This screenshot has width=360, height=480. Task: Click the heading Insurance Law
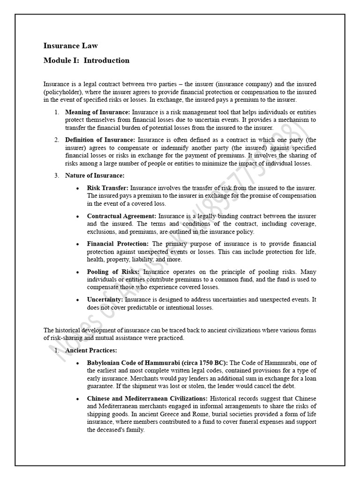(x=70, y=45)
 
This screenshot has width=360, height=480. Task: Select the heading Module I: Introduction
(x=86, y=60)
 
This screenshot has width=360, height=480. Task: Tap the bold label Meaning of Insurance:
(x=97, y=112)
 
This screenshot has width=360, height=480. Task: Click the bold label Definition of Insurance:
(x=100, y=140)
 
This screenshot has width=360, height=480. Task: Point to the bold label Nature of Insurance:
(x=95, y=175)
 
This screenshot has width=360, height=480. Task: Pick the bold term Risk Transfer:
(x=107, y=188)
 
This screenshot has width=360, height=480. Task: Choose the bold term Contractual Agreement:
(x=121, y=216)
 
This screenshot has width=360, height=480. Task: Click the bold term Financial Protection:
(x=118, y=244)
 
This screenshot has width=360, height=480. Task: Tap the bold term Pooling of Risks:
(x=113, y=272)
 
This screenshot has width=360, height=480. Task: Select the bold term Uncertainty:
(x=105, y=300)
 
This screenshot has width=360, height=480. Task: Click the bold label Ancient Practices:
(x=91, y=350)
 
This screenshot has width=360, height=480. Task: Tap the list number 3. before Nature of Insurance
(x=56, y=175)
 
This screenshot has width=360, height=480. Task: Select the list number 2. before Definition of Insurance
(x=56, y=140)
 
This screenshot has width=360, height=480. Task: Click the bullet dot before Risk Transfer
(x=77, y=188)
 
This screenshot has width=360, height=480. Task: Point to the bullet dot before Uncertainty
(x=77, y=300)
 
